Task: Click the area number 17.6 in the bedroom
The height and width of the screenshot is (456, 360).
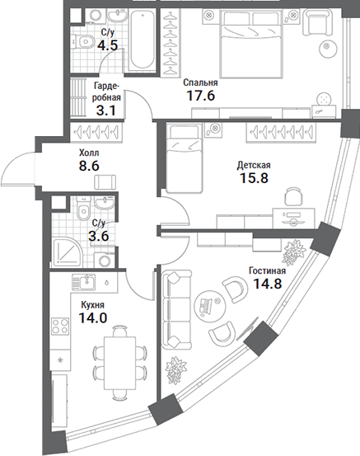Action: coord(200,96)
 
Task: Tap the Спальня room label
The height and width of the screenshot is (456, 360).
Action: coord(200,82)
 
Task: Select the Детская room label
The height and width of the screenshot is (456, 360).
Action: coord(254,165)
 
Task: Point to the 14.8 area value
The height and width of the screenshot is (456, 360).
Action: coord(268,284)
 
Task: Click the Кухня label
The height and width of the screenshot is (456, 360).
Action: coord(93,305)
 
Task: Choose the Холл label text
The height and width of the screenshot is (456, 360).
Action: coord(89,153)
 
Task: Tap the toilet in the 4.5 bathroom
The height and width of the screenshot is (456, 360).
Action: coord(83,41)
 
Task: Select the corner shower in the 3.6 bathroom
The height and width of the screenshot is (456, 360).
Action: coord(67,252)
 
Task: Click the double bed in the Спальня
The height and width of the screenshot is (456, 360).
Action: coord(251,44)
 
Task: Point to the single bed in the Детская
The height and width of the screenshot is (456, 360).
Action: coord(185,158)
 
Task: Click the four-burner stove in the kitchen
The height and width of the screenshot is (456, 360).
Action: coord(60,326)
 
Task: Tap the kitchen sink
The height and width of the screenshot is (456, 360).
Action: coord(83,281)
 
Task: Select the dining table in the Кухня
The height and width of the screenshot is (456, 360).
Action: coord(120,363)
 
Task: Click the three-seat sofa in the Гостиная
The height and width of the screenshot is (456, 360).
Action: coord(177,309)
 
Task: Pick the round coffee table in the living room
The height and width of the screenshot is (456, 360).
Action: coord(209,304)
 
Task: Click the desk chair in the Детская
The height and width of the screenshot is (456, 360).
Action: coord(293,197)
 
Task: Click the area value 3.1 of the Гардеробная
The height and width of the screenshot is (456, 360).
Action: coord(105,110)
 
